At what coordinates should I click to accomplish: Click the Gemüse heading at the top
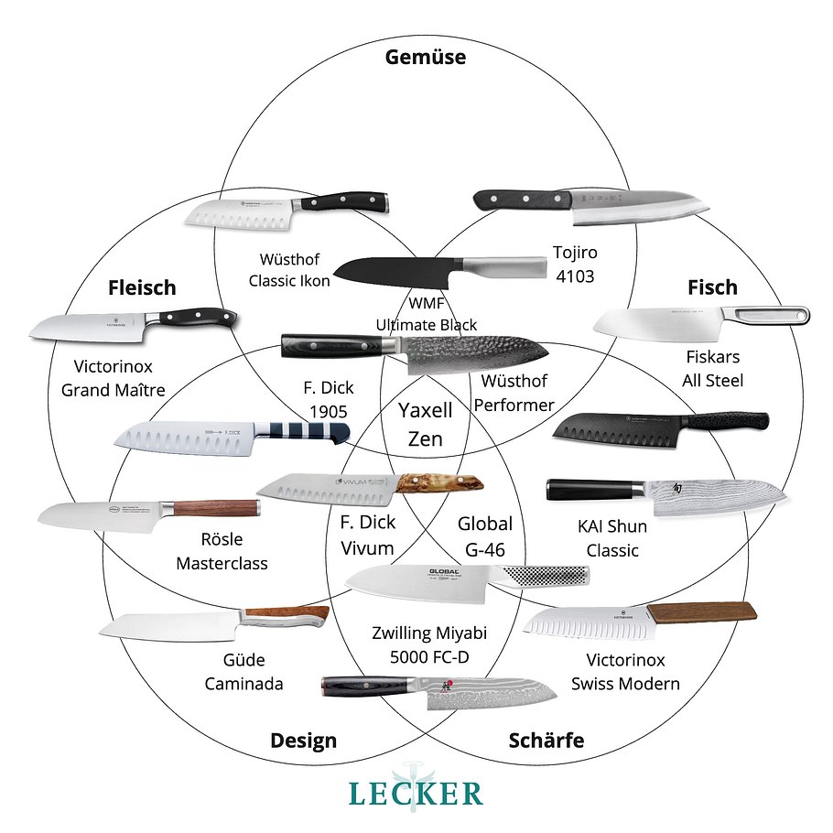point(426,58)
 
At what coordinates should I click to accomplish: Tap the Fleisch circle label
point(141,287)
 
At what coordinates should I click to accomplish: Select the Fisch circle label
point(712,287)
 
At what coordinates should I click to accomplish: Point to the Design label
point(303,741)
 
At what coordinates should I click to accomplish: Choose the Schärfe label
point(546,741)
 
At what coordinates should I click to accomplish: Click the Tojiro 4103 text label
point(574,263)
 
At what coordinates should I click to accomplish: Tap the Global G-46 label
point(485,537)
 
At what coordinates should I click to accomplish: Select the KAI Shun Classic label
point(612,538)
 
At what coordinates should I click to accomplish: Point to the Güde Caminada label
point(243,672)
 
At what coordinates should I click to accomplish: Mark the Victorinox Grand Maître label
point(113,378)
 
